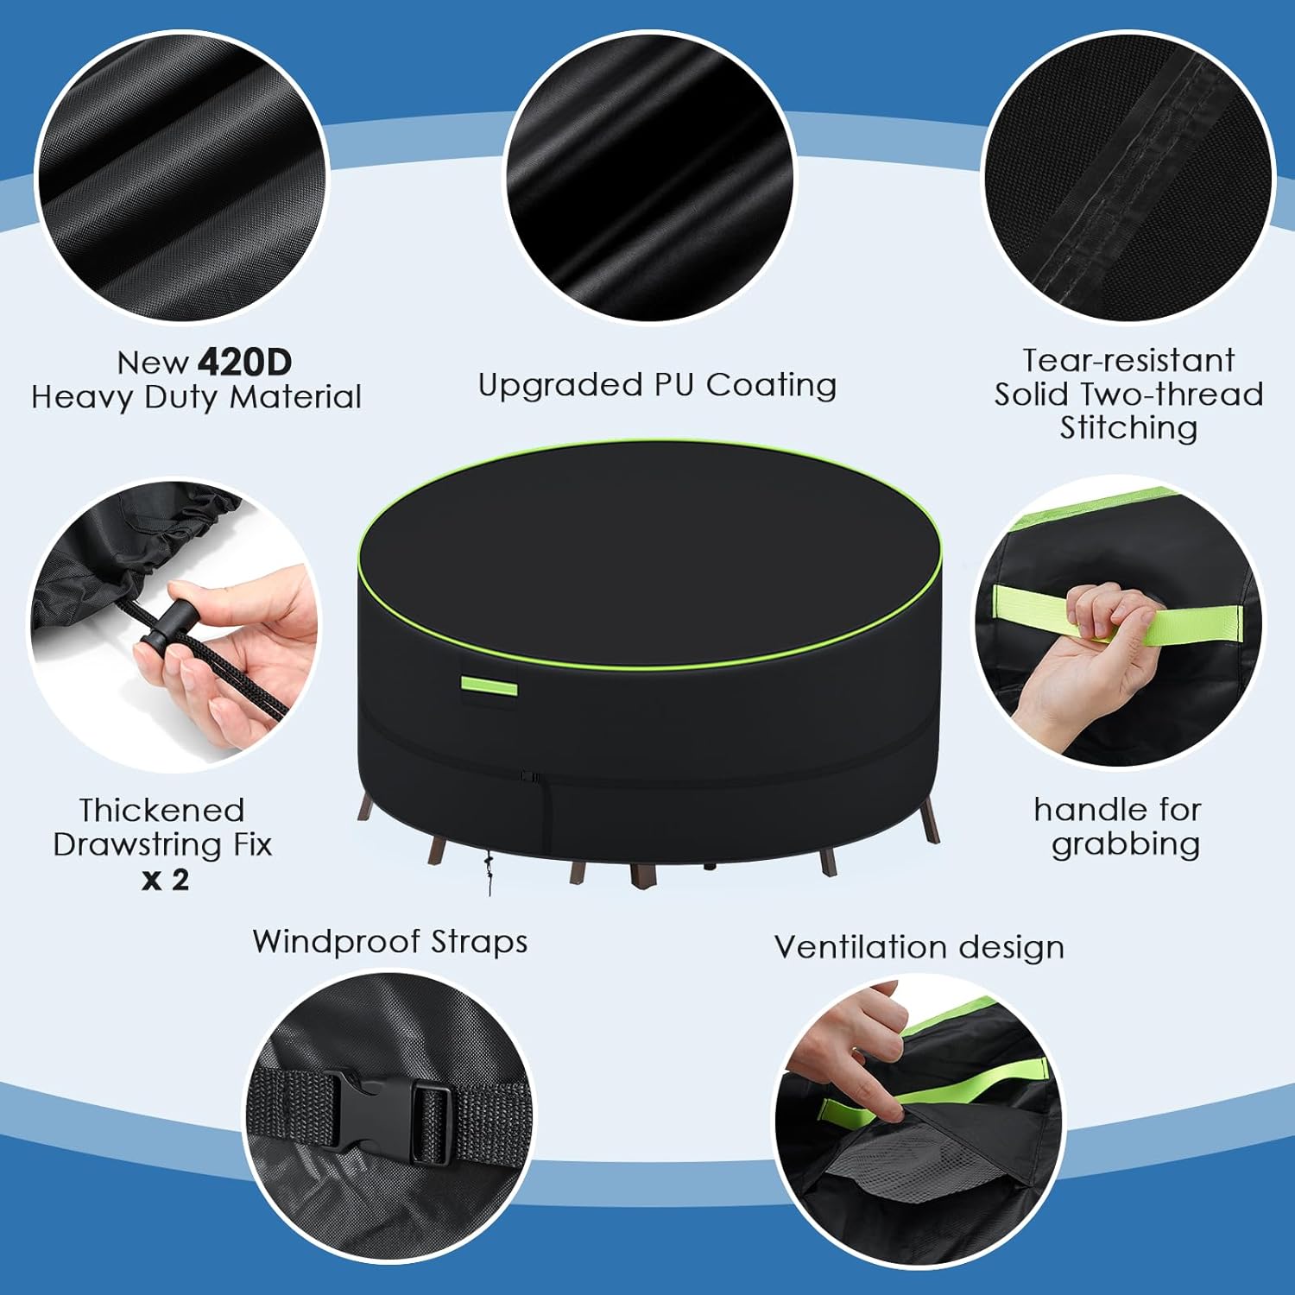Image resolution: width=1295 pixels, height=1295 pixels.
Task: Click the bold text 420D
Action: [245, 362]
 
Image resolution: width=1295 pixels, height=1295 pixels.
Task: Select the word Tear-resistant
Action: [1128, 359]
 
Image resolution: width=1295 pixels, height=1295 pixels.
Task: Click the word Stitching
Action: [1128, 428]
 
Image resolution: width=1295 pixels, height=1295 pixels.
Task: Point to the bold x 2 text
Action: [165, 880]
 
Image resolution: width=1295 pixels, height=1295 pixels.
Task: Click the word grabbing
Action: [1126, 844]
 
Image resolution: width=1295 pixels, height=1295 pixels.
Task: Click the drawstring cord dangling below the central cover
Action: [489, 869]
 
